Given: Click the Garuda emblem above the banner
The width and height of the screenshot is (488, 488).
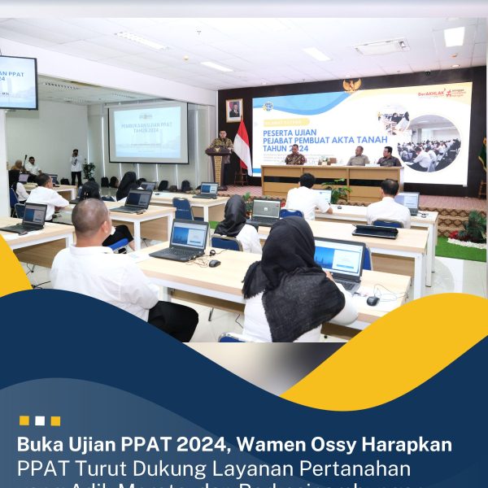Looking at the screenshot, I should (x=352, y=85).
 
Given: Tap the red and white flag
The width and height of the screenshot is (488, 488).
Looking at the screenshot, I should (x=242, y=146).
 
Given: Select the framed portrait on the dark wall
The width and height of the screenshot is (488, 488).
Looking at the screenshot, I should (x=234, y=110).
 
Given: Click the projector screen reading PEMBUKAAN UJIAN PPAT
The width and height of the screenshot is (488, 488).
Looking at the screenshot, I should (x=147, y=132).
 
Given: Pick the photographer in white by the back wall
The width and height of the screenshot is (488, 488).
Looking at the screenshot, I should (x=76, y=166).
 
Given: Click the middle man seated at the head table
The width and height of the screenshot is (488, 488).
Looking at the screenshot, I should (x=358, y=156).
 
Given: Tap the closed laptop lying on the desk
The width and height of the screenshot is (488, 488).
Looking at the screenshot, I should (x=375, y=231).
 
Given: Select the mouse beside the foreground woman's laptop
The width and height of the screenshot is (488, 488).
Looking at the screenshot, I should (x=373, y=300).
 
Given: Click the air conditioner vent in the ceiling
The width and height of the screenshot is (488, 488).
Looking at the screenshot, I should (x=381, y=46).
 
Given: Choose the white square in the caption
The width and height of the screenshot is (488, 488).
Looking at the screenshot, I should (x=40, y=420).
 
